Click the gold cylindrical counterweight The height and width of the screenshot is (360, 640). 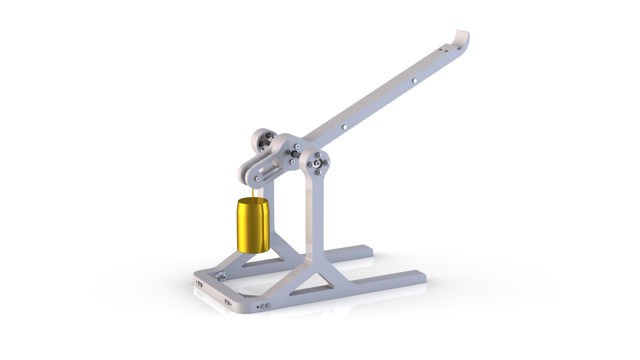253,225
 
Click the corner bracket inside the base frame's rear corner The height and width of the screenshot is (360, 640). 219,274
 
